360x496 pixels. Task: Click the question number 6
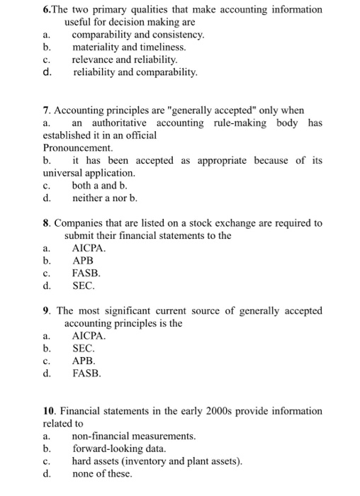[x=46, y=9]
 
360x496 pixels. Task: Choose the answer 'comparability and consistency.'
[x=138, y=34]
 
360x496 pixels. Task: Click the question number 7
[x=47, y=111]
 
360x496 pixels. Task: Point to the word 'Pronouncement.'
[x=78, y=148]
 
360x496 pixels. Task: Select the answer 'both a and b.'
[x=99, y=185]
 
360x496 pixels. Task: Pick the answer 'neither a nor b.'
[x=105, y=198]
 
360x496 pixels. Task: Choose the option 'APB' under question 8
[x=83, y=261]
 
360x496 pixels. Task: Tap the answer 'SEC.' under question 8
[x=83, y=286]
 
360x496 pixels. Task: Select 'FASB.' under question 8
[x=86, y=274]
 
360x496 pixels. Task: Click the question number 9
[x=47, y=310]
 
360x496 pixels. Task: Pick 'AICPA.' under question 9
[x=89, y=336]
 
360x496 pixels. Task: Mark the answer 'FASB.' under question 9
[x=86, y=373]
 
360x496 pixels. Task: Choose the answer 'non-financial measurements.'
[x=134, y=436]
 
